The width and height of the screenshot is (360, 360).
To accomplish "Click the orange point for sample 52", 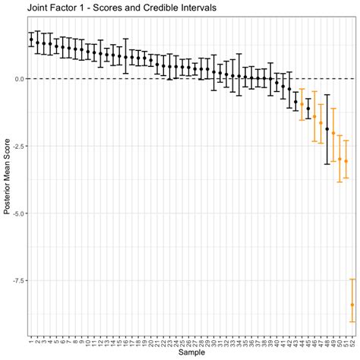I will pos(352,305).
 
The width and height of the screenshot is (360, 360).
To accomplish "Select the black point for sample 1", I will pos(31,39).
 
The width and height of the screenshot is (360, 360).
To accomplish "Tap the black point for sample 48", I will pos(327,129).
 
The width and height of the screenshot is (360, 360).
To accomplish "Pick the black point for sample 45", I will pos(308,109).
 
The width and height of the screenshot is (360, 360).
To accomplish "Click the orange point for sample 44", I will pos(302,104).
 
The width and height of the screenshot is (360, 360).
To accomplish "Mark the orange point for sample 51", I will pos(346,161).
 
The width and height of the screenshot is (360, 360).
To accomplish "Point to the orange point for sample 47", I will pos(321,123).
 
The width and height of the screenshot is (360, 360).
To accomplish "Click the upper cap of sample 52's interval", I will pos(352,279).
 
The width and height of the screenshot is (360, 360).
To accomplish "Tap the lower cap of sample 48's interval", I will pos(327,163).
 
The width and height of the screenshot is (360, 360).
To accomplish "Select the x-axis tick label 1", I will pos(31,339).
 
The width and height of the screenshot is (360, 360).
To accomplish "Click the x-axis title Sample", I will pos(191,354).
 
